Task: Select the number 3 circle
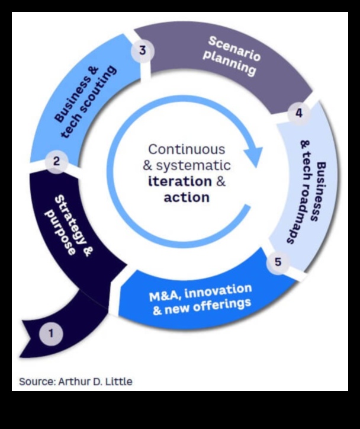click(x=142, y=51)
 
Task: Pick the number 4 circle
click(x=298, y=113)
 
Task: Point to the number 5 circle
click(x=278, y=262)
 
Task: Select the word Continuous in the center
click(x=187, y=149)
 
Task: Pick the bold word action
click(x=187, y=197)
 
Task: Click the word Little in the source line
click(x=119, y=382)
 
